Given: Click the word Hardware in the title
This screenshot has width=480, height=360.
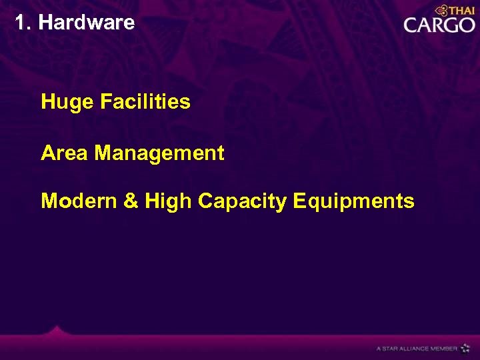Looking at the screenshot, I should pyautogui.click(x=87, y=23).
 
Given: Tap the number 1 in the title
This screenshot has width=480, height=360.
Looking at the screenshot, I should pyautogui.click(x=21, y=23).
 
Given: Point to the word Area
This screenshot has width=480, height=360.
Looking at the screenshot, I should pyautogui.click(x=65, y=153).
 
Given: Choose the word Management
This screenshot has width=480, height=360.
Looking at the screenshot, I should pyautogui.click(x=159, y=154).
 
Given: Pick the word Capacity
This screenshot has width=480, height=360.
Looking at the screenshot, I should pyautogui.click(x=243, y=201).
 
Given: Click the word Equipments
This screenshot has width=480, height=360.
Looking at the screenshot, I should pyautogui.click(x=353, y=201).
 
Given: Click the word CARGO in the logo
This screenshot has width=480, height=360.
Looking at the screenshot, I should pyautogui.click(x=439, y=25).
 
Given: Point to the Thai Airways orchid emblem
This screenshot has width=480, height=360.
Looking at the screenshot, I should pyautogui.click(x=441, y=11).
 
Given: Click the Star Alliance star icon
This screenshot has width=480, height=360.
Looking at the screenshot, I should pyautogui.click(x=465, y=348).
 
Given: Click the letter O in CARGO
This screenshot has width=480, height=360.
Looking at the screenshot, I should pyautogui.click(x=465, y=25).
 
